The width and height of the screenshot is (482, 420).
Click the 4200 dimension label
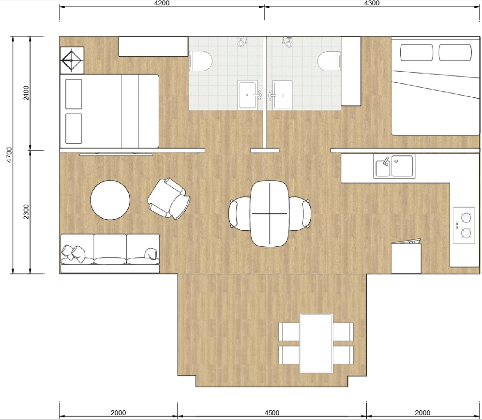click(x=162, y=3)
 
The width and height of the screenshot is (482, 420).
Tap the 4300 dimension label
click(x=372, y=3)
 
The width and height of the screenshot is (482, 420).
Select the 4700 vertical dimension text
click(x=10, y=155)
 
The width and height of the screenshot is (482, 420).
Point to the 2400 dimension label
click(x=26, y=93)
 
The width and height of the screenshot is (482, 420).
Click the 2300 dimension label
click(x=26, y=212)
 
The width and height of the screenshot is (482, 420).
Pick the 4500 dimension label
click(x=272, y=413)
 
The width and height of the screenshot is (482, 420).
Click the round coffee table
click(x=110, y=200)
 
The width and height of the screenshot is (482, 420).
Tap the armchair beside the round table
click(x=168, y=198)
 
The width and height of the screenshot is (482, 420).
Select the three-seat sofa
click(x=110, y=254)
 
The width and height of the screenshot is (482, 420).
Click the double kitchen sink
click(x=394, y=166)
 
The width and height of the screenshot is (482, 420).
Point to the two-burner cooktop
click(x=464, y=225)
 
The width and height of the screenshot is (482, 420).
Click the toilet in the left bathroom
click(x=200, y=61)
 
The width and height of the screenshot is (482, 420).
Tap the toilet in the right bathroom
click(x=329, y=61)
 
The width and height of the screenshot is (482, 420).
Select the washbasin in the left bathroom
click(x=247, y=95)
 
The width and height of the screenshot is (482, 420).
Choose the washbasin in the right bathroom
click(x=282, y=95)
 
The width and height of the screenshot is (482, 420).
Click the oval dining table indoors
click(x=270, y=214)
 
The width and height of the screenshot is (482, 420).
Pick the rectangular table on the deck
click(x=316, y=343)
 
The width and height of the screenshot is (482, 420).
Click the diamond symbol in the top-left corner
click(x=72, y=60)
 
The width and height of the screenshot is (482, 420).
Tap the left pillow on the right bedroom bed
click(x=417, y=53)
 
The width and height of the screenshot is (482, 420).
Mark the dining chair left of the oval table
click(x=240, y=214)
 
